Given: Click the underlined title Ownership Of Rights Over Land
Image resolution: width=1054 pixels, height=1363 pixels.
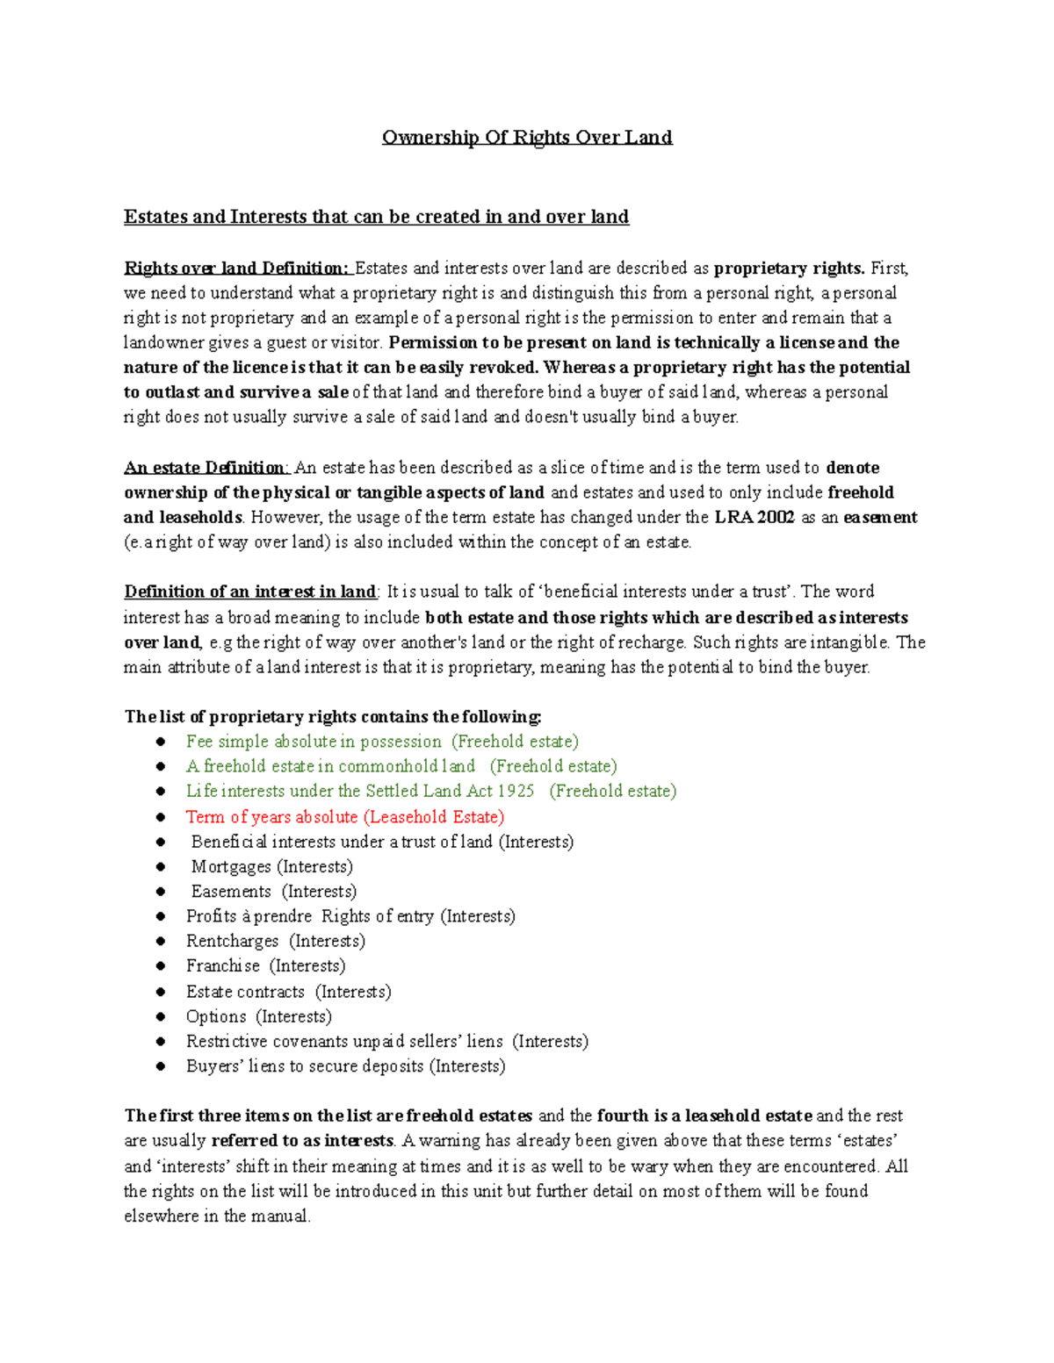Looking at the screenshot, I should click(527, 138).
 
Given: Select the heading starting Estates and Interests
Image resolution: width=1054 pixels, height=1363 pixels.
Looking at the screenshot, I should click(376, 217).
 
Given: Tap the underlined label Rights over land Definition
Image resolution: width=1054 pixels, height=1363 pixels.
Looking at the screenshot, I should click(237, 269).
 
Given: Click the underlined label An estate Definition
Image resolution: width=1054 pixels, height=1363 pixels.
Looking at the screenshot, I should click(206, 468).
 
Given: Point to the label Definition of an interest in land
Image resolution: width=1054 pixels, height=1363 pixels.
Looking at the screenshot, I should click(250, 592).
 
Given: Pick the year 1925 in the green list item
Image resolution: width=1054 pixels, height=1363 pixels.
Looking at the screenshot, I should click(516, 791).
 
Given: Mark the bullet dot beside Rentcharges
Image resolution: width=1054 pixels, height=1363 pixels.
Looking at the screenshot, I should click(161, 941).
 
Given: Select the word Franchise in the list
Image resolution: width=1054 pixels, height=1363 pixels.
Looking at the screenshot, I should click(223, 966).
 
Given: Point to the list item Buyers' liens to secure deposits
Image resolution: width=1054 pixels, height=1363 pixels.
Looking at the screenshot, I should click(345, 1066).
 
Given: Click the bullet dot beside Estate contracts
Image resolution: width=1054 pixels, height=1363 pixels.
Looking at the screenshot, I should click(161, 992).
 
